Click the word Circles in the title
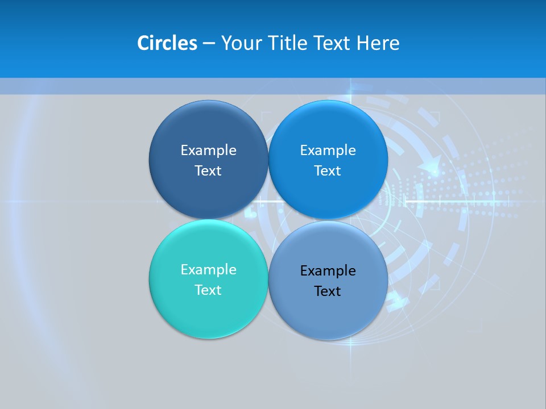point(167,43)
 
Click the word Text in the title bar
point(333,43)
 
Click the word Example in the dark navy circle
point(208,150)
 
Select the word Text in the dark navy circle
point(208,170)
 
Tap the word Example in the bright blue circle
point(328,150)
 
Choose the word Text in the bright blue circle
point(328,170)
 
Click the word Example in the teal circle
point(208,269)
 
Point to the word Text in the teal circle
point(208,290)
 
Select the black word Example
point(328,270)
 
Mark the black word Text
point(328,291)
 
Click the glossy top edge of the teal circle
point(208,223)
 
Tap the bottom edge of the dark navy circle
point(208,217)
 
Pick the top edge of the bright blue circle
point(328,103)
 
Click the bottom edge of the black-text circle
point(328,339)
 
